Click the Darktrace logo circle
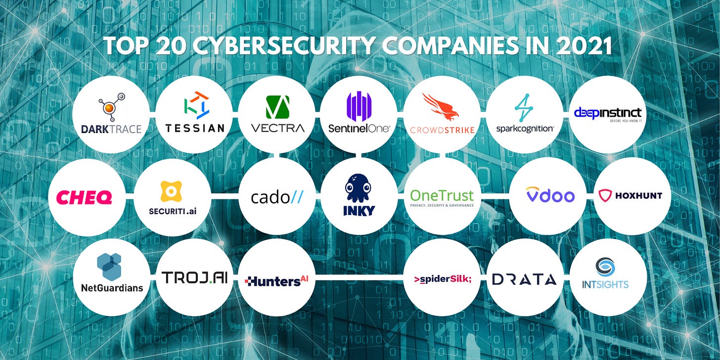[x=111, y=114]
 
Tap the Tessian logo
[x=194, y=114]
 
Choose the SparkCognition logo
[x=525, y=114]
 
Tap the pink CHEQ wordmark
[x=84, y=198]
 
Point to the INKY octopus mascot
[x=359, y=189]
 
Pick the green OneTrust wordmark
[x=442, y=195]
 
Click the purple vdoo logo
[x=550, y=195]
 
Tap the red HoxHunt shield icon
[x=605, y=195]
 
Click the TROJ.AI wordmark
[x=194, y=277]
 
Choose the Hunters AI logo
[x=276, y=281]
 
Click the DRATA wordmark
[x=524, y=279]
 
